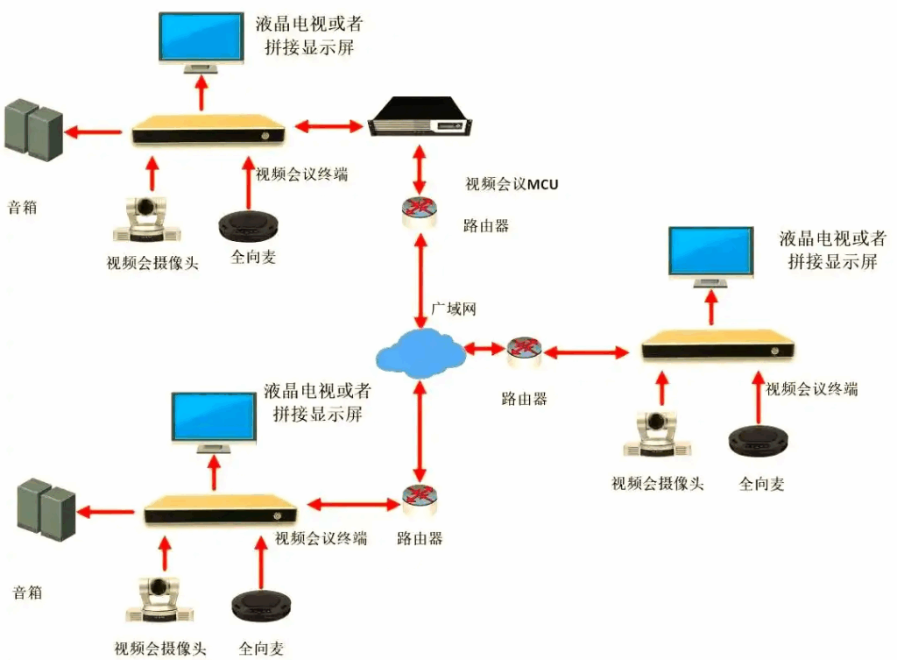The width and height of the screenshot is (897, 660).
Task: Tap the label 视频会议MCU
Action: click(x=512, y=184)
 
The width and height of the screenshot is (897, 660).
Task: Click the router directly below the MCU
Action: click(x=420, y=211)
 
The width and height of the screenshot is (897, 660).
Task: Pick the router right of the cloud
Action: click(x=524, y=351)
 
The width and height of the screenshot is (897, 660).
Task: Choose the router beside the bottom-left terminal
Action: click(x=420, y=500)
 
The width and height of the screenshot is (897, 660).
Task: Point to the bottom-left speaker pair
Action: click(x=46, y=508)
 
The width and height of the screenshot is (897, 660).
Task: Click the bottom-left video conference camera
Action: click(x=159, y=604)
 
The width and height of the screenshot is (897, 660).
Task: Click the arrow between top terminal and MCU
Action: click(x=328, y=127)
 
